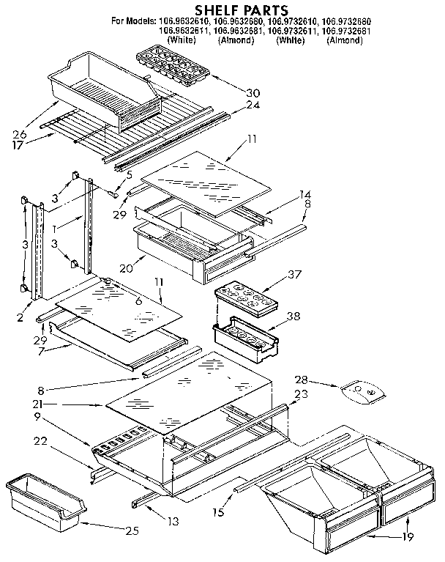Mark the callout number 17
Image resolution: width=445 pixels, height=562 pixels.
tap(20, 145)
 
